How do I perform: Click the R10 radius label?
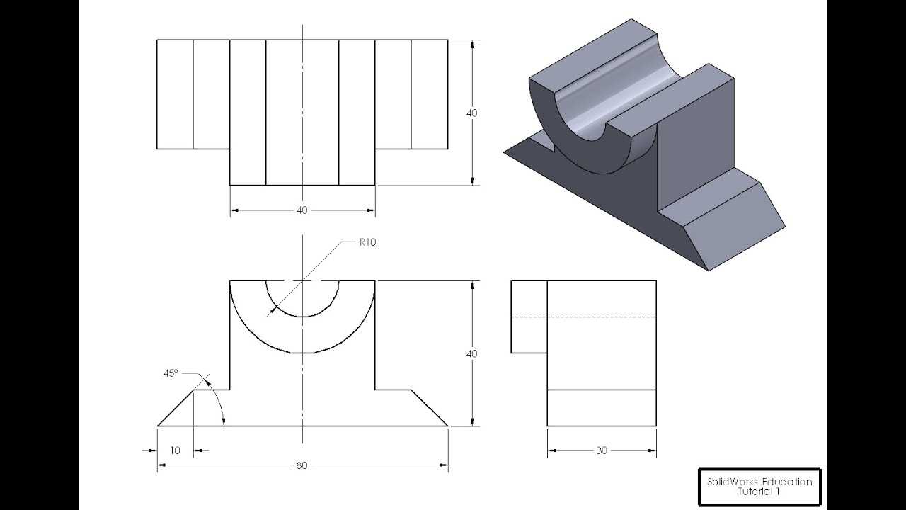click(x=367, y=242)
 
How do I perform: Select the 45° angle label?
click(x=170, y=372)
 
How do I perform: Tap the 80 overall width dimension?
click(x=302, y=465)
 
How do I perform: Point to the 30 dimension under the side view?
click(x=602, y=450)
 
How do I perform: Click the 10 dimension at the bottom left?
click(x=175, y=450)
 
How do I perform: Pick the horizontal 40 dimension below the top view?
click(x=302, y=210)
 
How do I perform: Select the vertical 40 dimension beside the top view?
click(x=472, y=113)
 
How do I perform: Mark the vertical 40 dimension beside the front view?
click(x=472, y=353)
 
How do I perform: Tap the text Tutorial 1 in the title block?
click(x=759, y=492)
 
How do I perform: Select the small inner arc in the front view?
click(x=302, y=316)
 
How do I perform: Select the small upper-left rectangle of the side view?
click(x=529, y=317)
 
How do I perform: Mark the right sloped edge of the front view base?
click(x=430, y=408)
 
